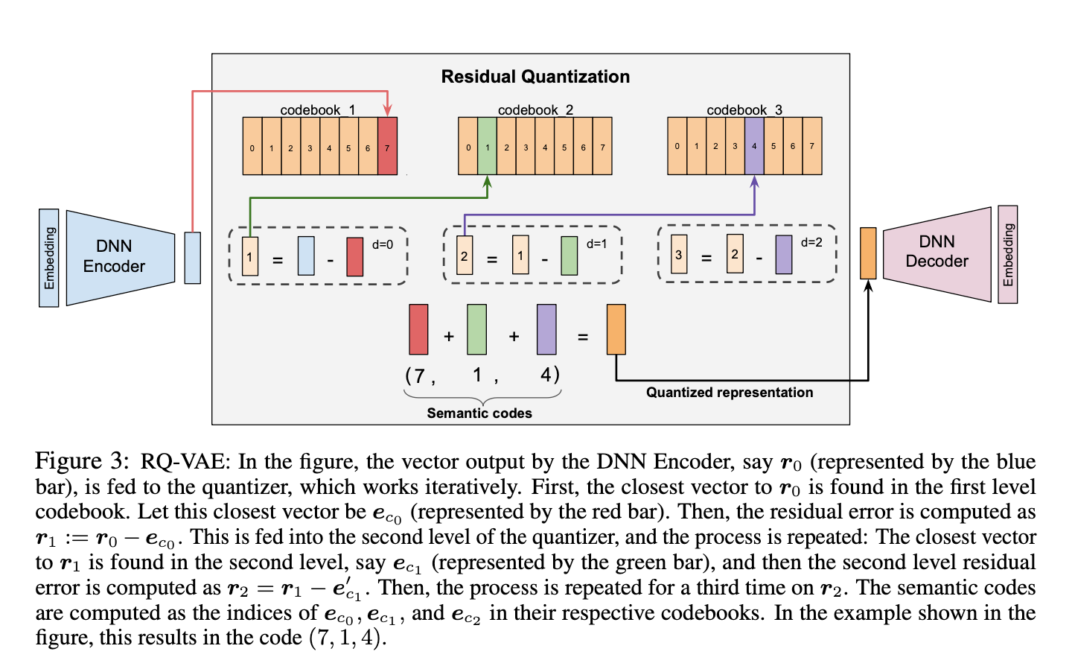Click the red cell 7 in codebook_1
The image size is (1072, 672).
tap(387, 146)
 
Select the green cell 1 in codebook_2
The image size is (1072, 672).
tap(487, 146)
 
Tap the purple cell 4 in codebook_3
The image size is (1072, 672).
tap(754, 146)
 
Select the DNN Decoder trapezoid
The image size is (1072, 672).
tap(937, 253)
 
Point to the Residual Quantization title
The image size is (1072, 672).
tap(535, 77)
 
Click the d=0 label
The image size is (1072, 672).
tap(383, 244)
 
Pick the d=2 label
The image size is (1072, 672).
tap(811, 242)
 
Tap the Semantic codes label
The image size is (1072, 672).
tap(479, 413)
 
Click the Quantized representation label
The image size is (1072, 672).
tap(730, 393)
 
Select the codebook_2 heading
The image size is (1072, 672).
tap(535, 110)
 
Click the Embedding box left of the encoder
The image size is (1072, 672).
tap(49, 258)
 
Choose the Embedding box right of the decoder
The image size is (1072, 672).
tap(1008, 255)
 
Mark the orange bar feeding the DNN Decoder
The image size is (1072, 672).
tap(868, 253)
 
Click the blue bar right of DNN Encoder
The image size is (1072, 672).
tap(193, 258)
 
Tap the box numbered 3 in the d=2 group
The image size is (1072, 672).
tap(679, 254)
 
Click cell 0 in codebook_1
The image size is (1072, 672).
tap(252, 146)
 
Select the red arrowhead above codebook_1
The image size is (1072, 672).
tap(387, 112)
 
